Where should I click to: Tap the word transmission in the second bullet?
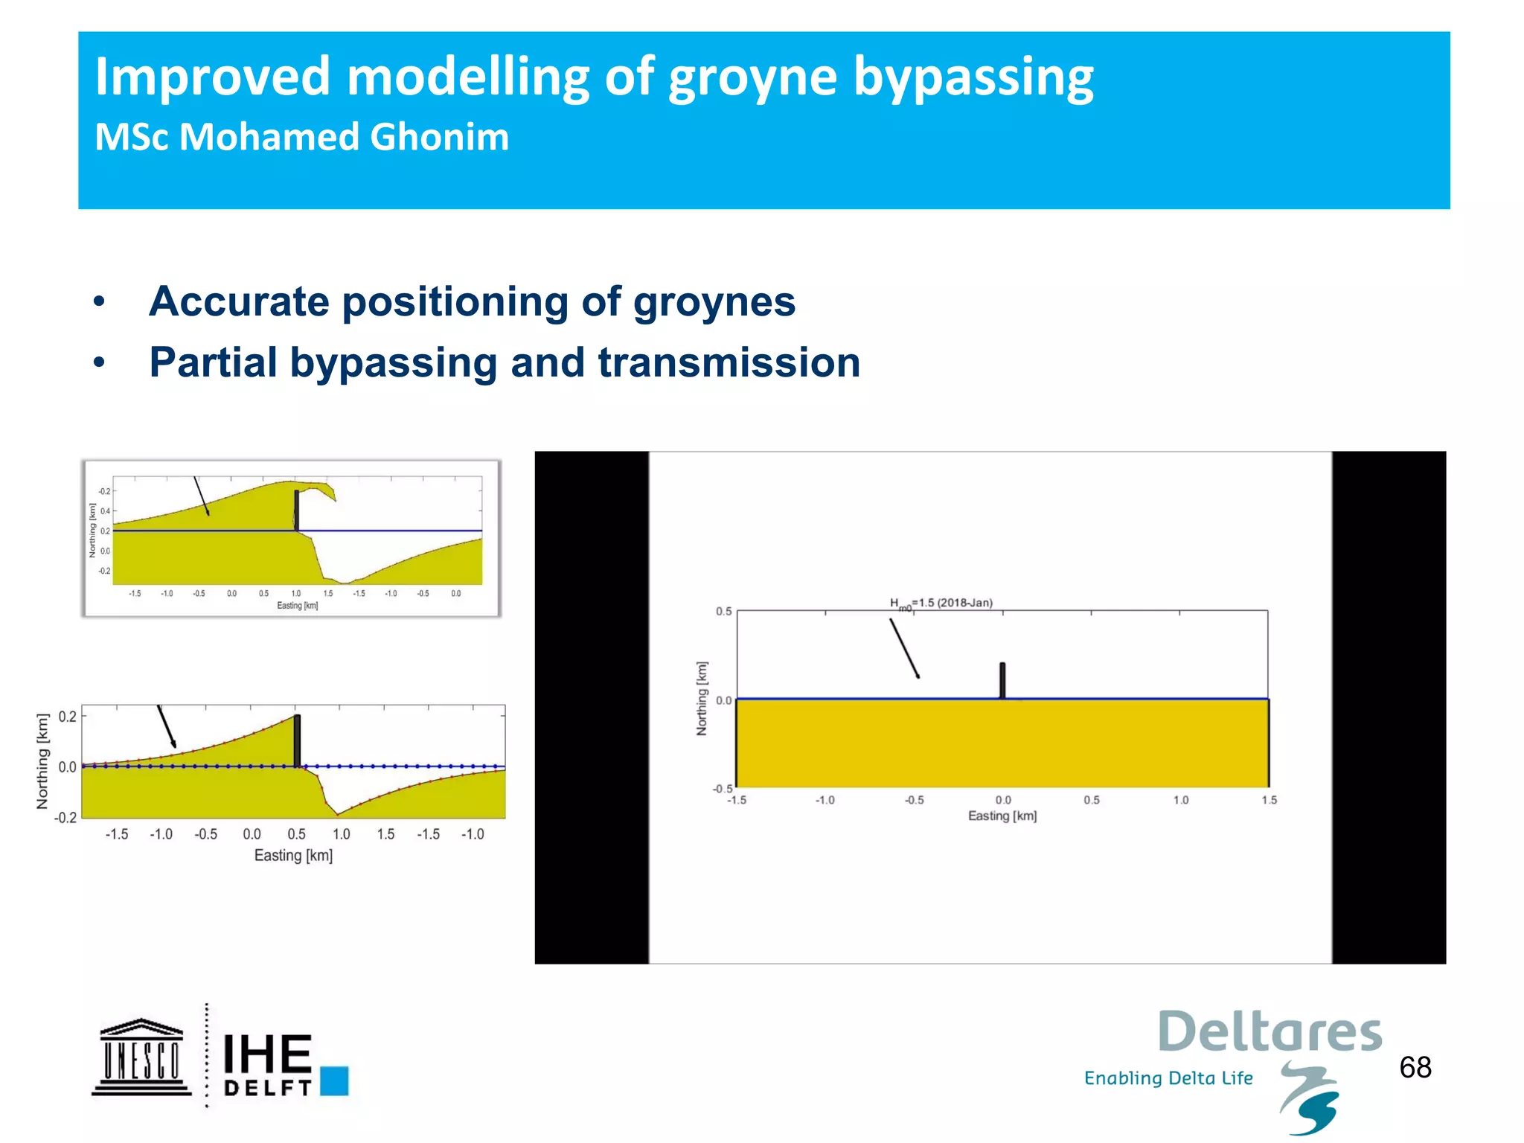pos(729,363)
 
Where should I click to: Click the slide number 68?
pos(1415,1068)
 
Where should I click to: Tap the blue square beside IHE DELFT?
pos(334,1080)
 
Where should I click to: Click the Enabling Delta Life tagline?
pos(1168,1078)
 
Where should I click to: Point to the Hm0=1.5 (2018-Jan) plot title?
pos(941,603)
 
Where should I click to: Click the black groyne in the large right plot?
pos(1002,680)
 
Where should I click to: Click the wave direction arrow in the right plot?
pos(904,648)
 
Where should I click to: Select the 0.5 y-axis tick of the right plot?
pos(723,612)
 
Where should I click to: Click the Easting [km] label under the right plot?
pos(1002,816)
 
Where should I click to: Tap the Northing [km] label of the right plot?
pos(702,698)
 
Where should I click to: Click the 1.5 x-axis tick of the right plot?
pos(1269,800)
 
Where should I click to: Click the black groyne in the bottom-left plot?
pos(297,740)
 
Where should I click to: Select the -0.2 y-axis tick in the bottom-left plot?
pos(65,818)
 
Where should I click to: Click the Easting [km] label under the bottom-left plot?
pos(293,856)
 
